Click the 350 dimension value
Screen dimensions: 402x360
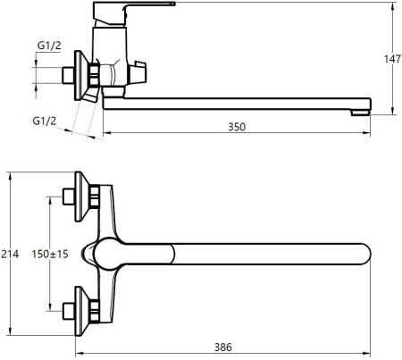[237, 127]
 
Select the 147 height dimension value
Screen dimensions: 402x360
[392, 59]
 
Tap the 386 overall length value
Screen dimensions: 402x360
[223, 347]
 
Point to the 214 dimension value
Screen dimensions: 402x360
[10, 254]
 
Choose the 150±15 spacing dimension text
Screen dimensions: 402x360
[50, 254]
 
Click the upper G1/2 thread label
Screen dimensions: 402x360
[49, 46]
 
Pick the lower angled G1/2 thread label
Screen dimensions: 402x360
[45, 121]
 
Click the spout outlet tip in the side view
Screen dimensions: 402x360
[360, 113]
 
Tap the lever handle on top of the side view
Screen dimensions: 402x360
[134, 13]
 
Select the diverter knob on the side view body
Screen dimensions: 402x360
[138, 73]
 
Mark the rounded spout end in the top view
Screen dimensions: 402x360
[364, 254]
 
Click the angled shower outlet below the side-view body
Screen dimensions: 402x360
[91, 95]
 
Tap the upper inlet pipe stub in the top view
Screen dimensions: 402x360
[69, 197]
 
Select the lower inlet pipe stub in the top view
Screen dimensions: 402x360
[69, 312]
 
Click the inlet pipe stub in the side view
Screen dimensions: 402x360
[69, 75]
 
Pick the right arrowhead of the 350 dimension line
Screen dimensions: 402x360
[367, 133]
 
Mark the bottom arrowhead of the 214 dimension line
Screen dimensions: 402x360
[11, 331]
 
